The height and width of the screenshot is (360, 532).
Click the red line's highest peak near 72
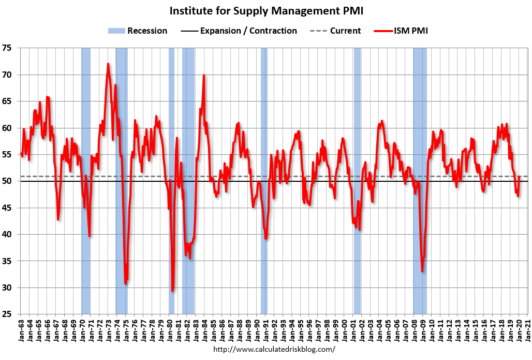click(108, 64)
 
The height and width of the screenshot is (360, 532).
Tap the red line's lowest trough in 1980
click(172, 291)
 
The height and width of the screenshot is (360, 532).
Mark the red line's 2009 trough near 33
click(422, 271)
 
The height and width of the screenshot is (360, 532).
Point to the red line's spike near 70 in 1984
click(204, 76)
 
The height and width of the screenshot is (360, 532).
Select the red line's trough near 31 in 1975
click(126, 283)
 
